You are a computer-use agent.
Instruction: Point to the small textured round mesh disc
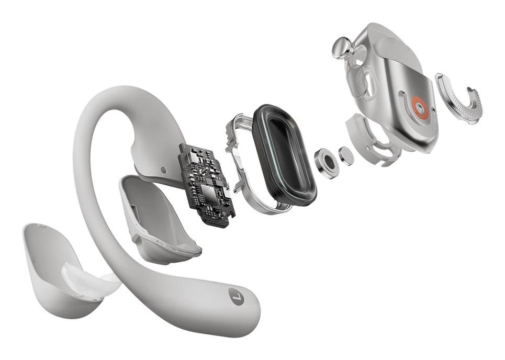click(x=346, y=156)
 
